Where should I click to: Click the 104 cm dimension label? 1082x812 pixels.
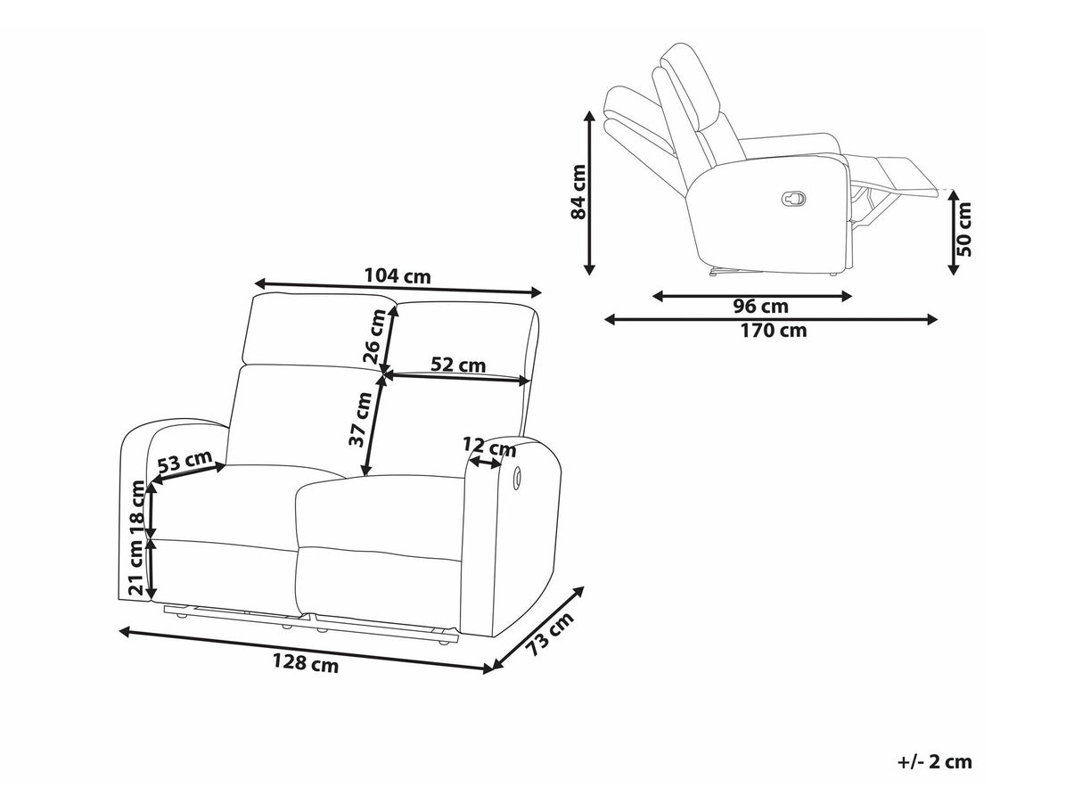tap(398, 275)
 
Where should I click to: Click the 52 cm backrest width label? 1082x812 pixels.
tap(458, 365)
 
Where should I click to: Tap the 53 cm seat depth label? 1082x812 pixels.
tap(184, 463)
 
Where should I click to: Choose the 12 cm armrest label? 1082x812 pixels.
tap(488, 446)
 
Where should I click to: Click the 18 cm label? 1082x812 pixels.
tap(137, 508)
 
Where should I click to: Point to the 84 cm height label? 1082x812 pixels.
tap(578, 193)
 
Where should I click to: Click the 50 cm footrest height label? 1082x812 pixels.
tap(964, 230)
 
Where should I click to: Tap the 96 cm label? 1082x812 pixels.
tap(760, 307)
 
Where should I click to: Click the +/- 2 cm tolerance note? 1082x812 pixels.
tap(934, 762)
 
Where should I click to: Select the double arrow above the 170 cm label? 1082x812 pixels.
tap(771, 318)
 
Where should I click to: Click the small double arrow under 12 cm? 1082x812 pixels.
tap(486, 463)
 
